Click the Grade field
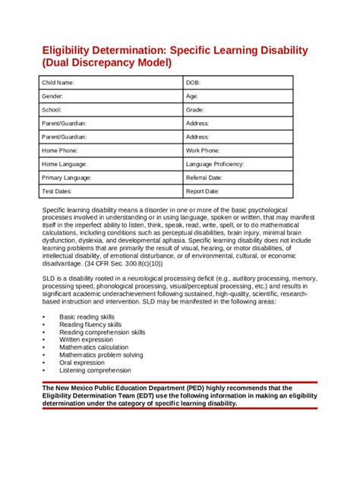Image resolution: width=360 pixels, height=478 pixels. pyautogui.click(x=194, y=109)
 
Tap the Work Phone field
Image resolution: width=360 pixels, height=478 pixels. pyautogui.click(x=203, y=150)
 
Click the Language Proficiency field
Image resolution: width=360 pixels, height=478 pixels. pyautogui.click(x=215, y=164)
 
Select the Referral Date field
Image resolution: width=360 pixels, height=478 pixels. pyautogui.click(x=204, y=178)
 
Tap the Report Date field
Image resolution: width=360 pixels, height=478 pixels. pyautogui.click(x=203, y=191)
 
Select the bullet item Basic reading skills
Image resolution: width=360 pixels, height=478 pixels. pyautogui.click(x=87, y=316)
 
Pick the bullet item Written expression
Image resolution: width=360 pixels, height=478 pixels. pyautogui.click(x=86, y=339)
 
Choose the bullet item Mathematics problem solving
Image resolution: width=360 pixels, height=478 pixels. pyautogui.click(x=101, y=355)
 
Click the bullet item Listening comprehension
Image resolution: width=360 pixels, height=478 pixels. pyautogui.click(x=95, y=370)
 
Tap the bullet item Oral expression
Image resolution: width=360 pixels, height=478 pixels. pyautogui.click(x=82, y=363)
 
